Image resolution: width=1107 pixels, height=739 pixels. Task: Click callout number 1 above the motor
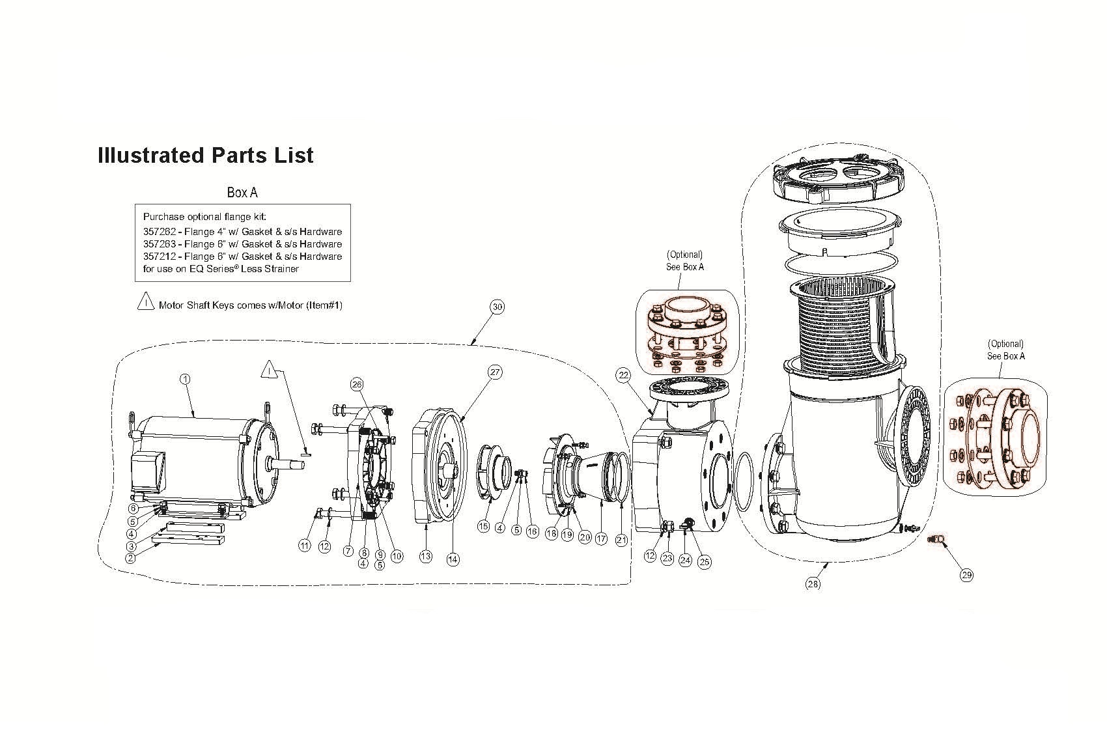tap(185, 379)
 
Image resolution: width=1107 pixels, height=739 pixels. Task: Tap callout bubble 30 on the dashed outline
tap(497, 307)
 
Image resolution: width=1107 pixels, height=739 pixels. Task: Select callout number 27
tap(495, 372)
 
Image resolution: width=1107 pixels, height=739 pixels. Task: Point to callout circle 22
tap(624, 376)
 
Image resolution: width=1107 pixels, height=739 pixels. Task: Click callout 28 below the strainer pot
tap(813, 584)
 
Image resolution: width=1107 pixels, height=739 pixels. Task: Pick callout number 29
tap(966, 575)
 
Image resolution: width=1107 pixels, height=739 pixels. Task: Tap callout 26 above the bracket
tap(357, 384)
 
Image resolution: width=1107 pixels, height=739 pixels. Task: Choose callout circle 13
tap(425, 556)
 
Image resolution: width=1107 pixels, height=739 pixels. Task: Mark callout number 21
tap(621, 540)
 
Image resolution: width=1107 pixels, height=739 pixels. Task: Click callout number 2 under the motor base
tap(130, 558)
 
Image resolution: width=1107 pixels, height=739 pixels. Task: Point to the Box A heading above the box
tap(242, 192)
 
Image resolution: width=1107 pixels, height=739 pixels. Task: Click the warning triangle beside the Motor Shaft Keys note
tap(145, 301)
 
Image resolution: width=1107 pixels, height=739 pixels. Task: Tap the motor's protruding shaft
tap(285, 465)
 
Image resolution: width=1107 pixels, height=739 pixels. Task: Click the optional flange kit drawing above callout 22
tap(686, 337)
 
